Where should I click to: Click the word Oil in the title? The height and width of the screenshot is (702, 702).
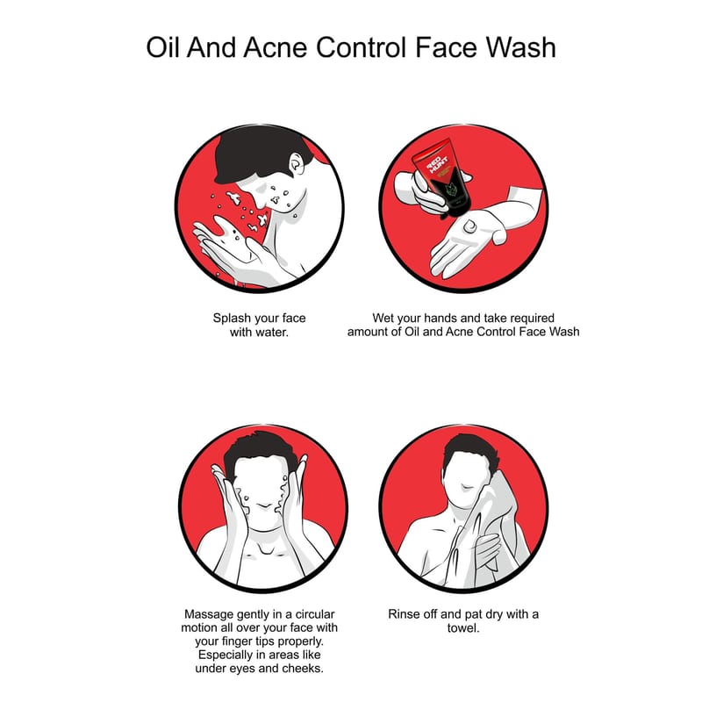163,47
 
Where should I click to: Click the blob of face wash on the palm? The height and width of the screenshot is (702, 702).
469,226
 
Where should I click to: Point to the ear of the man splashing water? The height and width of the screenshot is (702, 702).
297,165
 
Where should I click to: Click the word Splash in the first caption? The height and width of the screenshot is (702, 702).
232,319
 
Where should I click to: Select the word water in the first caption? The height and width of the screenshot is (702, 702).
271,333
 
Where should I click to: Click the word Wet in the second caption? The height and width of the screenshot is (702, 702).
383,318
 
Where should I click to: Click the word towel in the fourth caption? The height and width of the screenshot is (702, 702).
463,628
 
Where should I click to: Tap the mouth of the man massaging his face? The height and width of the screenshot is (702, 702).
265,506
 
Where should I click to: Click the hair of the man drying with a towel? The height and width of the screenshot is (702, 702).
470,453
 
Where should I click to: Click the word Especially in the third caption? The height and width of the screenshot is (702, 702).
228,655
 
